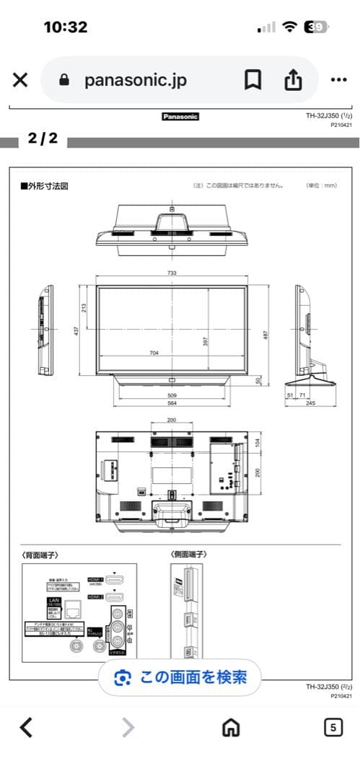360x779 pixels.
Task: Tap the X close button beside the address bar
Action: coord(21,80)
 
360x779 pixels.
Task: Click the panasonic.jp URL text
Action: coord(135,80)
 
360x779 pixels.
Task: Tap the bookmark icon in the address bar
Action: coord(253,80)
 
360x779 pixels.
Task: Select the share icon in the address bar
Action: coord(292,80)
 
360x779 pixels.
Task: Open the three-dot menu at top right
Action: coord(338,80)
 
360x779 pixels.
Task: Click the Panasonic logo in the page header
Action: coord(180,116)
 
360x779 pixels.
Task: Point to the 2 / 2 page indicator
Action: coord(43,138)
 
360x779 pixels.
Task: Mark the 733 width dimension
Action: coord(171,274)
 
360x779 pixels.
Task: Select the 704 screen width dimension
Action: coord(154,353)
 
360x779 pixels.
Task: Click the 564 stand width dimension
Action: coord(171,404)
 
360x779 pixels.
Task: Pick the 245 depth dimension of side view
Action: coord(309,404)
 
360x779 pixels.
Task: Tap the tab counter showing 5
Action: coord(332,727)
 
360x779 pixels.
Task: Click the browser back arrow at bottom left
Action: coord(26,727)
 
